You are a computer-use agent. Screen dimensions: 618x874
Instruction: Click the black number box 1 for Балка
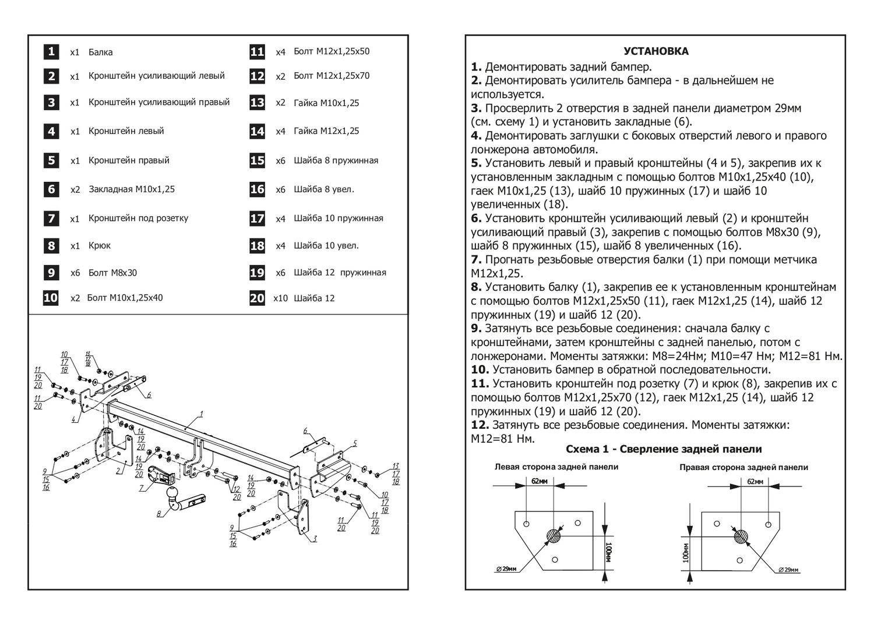click(51, 51)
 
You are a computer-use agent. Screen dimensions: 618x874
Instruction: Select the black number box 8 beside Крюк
click(51, 245)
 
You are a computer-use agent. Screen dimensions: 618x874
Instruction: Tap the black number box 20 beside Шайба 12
click(257, 298)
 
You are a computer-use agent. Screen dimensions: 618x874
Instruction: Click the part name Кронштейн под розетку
click(138, 218)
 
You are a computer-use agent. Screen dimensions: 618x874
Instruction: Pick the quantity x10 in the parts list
click(280, 298)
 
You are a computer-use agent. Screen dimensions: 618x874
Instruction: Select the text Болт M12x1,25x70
click(331, 76)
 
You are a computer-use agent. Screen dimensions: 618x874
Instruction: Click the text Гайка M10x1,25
click(326, 103)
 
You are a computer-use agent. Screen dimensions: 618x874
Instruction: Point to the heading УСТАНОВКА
click(655, 51)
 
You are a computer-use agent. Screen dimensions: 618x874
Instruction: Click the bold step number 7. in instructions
click(476, 260)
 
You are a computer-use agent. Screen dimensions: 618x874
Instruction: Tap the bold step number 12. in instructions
click(480, 425)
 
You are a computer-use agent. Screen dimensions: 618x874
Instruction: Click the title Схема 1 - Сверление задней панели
click(664, 449)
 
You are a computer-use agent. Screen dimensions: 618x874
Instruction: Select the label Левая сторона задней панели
click(556, 467)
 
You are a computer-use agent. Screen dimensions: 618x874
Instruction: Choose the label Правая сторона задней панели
click(743, 467)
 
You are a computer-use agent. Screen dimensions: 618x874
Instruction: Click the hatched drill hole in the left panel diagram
click(554, 535)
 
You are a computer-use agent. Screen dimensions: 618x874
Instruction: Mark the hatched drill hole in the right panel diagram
click(742, 536)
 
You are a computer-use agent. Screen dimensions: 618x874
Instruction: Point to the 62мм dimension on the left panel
click(540, 481)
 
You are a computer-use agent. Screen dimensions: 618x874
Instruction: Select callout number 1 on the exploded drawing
click(201, 414)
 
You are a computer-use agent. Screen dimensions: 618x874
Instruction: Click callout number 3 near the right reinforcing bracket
click(315, 539)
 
